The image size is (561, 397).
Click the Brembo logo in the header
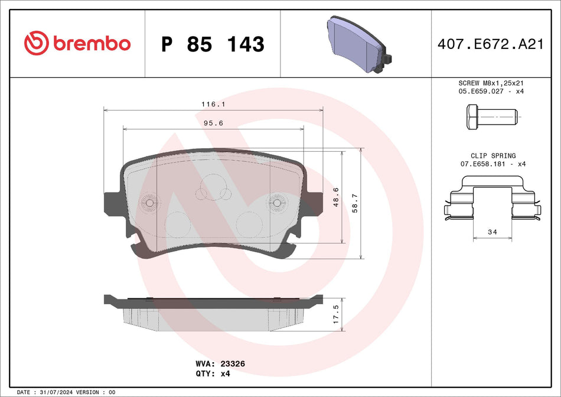(x=77, y=44)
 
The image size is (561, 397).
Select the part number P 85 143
(x=213, y=44)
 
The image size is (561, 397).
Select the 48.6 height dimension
(x=336, y=197)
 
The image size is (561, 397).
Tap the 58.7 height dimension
(x=354, y=203)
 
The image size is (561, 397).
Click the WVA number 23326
(x=233, y=365)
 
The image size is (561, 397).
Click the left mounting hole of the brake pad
(x=149, y=203)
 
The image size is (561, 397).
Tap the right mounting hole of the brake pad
(x=277, y=203)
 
